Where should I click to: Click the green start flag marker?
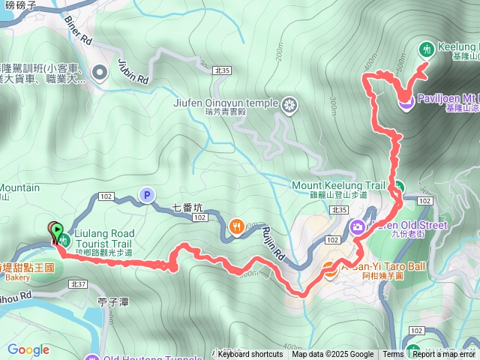55,230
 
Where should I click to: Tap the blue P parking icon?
147,195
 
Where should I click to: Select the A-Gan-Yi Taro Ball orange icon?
328,270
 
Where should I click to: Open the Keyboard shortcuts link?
250,355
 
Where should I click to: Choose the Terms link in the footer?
393,355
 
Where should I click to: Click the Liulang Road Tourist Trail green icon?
65,240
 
